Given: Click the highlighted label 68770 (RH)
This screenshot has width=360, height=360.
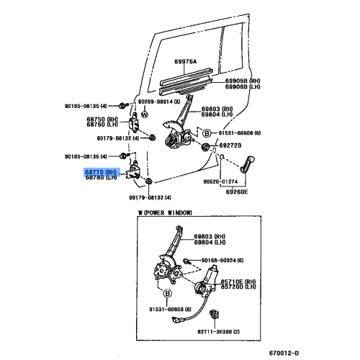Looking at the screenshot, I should tap(101, 172).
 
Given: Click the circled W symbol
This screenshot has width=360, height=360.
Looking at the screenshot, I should tap(144, 114).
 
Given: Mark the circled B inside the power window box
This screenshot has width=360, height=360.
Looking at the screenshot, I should tap(167, 294).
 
